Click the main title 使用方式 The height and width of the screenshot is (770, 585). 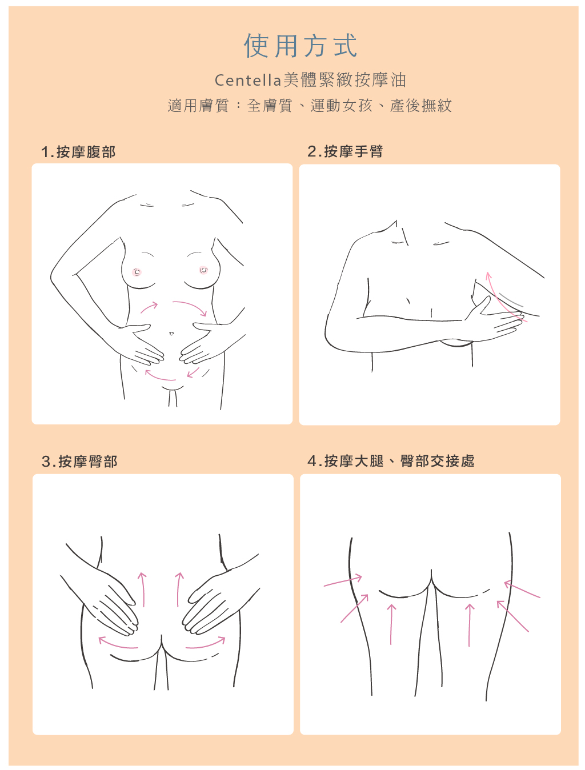[300, 46]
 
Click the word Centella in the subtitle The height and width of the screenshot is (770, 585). [248, 81]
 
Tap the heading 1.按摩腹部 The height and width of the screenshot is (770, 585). [78, 152]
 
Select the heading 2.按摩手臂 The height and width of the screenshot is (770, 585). [345, 151]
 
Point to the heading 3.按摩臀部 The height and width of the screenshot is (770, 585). [79, 462]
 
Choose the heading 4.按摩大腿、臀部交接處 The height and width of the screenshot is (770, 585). [391, 460]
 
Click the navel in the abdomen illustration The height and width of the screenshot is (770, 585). [171, 333]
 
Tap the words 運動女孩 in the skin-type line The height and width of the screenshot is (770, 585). [341, 105]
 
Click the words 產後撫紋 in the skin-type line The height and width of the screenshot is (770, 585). [421, 105]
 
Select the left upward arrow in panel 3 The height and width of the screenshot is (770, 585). [143, 589]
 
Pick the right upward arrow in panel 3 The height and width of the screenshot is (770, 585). [179, 589]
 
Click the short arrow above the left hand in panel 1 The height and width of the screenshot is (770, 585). [149, 307]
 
